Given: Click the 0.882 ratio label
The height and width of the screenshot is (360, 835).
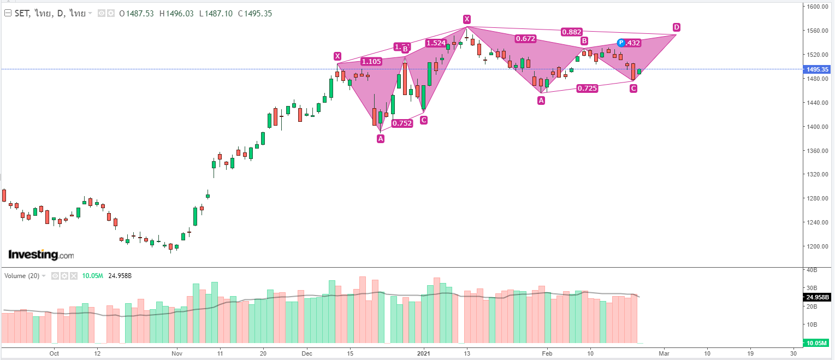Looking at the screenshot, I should click(x=572, y=32).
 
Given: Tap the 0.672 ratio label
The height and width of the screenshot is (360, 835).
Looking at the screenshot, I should click(x=525, y=39).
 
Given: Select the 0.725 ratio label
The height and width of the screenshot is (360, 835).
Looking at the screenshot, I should click(x=587, y=88).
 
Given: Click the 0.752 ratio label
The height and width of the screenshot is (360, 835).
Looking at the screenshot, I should click(x=402, y=123).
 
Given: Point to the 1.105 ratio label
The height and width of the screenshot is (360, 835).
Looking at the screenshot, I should click(x=371, y=62).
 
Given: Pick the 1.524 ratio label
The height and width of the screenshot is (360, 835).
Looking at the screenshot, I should click(x=436, y=43).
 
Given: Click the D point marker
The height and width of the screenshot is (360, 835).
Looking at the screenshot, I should click(x=676, y=27).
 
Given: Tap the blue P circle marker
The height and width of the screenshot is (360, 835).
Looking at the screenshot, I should click(x=621, y=43).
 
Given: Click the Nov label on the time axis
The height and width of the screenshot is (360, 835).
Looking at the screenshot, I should click(x=176, y=353).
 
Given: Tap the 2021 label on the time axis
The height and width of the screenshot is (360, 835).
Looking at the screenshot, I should click(x=424, y=353).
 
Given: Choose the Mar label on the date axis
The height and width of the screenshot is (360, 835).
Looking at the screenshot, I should click(x=664, y=353).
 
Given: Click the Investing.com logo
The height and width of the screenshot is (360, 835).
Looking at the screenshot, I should click(x=41, y=255).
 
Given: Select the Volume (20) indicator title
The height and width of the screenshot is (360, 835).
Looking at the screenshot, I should click(x=22, y=276).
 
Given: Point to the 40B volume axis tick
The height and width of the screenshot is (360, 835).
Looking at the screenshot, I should click(x=811, y=270).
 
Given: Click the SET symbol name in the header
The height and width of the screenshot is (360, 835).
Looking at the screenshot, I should click(x=22, y=14).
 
